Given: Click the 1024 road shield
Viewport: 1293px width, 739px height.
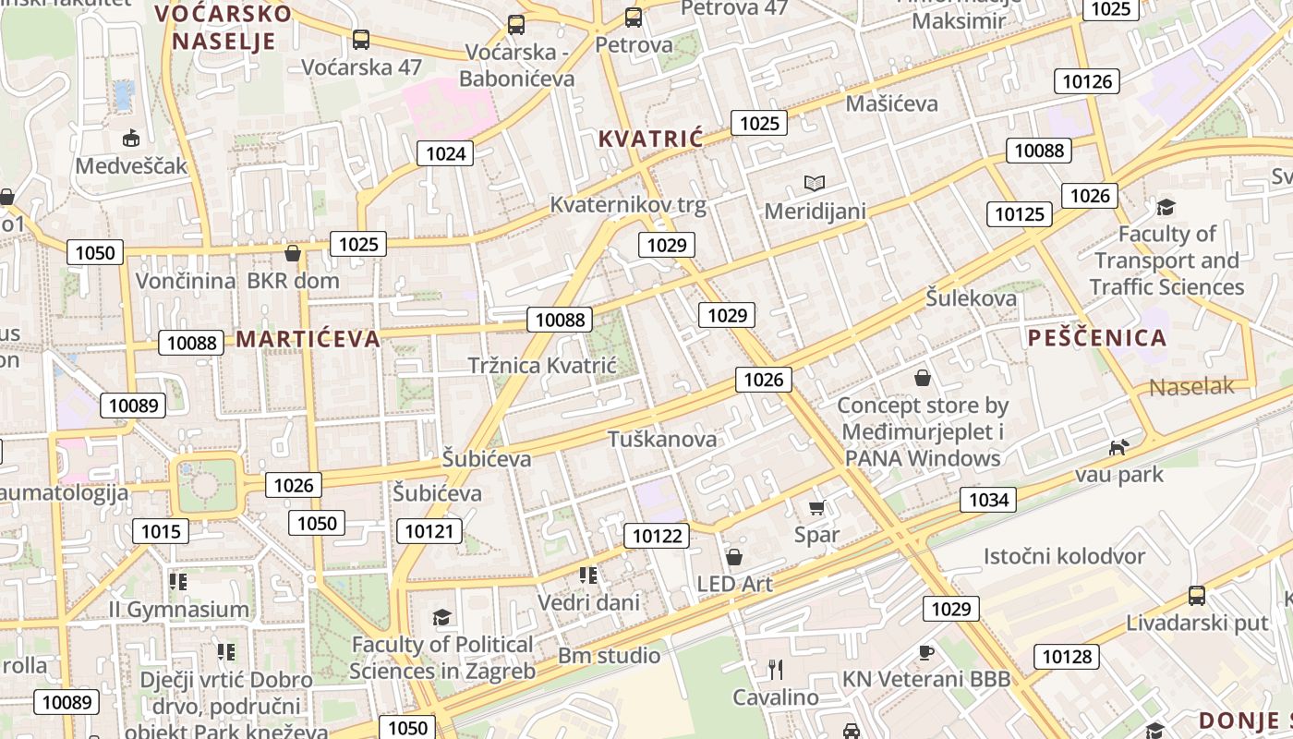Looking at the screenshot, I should coord(445,153).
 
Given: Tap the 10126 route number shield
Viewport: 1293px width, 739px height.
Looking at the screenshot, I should coord(1087,81).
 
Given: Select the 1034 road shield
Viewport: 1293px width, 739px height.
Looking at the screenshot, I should coord(988,500).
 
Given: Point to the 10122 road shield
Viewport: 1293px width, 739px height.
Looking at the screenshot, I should coord(657,536).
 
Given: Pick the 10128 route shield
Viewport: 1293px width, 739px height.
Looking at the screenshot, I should coord(1067,657).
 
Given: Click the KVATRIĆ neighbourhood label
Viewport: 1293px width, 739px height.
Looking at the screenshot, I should coord(650,139).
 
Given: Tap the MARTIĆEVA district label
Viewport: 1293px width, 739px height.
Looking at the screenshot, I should coord(308,339).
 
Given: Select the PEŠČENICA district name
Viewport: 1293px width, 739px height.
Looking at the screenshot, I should coord(1097,338).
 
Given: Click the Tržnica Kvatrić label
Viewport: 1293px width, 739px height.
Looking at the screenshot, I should coord(542,365).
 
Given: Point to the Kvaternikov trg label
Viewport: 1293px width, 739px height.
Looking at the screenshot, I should coord(628,205).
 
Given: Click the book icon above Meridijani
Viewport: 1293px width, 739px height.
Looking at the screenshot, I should coord(814,183).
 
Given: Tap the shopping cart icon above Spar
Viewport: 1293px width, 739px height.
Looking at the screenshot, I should coord(816,507).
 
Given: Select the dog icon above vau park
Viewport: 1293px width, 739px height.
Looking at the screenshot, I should coord(1118,448).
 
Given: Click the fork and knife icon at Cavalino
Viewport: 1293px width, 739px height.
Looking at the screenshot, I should coord(776,669).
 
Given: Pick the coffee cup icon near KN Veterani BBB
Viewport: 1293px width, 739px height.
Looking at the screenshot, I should coord(925,652).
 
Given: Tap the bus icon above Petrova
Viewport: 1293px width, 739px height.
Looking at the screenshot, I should coord(633,17).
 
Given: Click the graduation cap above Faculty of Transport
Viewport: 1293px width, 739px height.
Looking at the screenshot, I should coord(1166,207).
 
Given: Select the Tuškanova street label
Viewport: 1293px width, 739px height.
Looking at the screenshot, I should coord(662,440).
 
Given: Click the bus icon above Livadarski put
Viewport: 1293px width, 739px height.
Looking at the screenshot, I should coord(1197,596).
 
